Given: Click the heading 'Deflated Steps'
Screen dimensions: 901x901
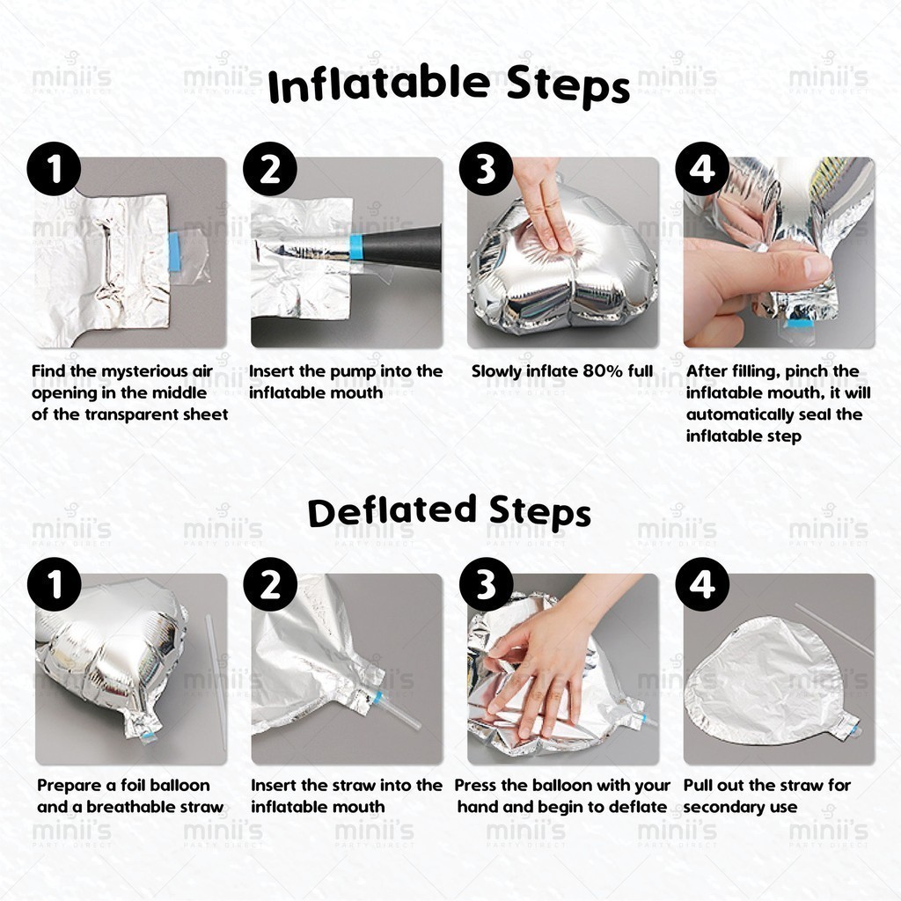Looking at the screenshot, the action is [x=450, y=511].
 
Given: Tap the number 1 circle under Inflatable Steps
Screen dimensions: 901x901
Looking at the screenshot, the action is [x=54, y=169].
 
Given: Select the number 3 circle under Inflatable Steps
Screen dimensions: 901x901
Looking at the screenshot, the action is [x=486, y=169].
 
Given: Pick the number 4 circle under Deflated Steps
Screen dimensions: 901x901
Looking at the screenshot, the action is [x=702, y=584].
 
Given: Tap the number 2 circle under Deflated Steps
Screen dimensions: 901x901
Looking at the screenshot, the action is [x=270, y=584].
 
